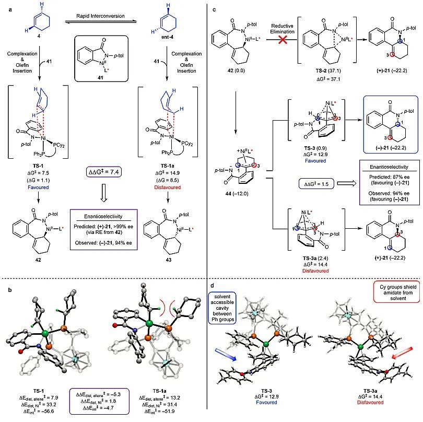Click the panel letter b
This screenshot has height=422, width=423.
coord(6,285)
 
